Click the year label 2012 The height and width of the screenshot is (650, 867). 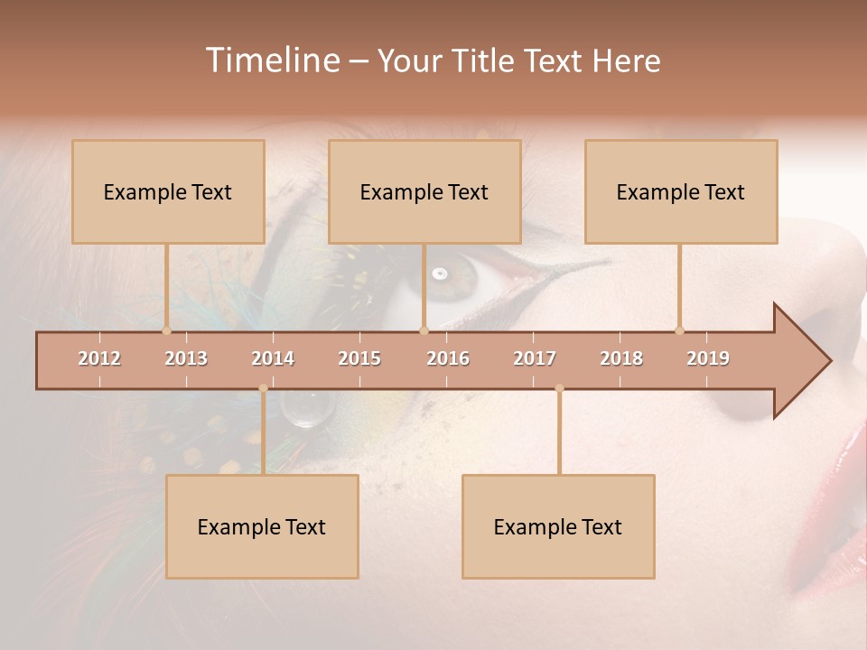coord(99,358)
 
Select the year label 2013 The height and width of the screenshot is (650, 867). coord(186,358)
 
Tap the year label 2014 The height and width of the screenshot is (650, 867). coord(273,358)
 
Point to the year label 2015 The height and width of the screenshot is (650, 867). coord(359,358)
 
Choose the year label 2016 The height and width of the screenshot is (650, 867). coord(448,358)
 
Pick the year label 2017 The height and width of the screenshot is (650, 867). coord(535,358)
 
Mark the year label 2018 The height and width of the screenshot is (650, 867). coord(621,358)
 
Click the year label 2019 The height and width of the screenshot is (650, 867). coord(708,358)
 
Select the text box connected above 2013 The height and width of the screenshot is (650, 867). coord(168,191)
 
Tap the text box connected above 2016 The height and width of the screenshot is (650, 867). coord(424,191)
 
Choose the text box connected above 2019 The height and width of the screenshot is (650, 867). coord(681,191)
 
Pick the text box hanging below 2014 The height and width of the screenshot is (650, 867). coord(262,526)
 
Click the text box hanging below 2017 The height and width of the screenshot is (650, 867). coord(558,526)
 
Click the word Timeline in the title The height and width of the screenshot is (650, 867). coord(271,60)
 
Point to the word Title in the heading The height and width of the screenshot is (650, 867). coord(485,60)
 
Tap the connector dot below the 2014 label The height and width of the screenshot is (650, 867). coord(263,388)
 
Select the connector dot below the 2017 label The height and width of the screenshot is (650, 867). coord(559,388)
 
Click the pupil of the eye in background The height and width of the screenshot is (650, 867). coord(441,274)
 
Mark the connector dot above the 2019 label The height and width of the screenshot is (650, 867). coord(679,330)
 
